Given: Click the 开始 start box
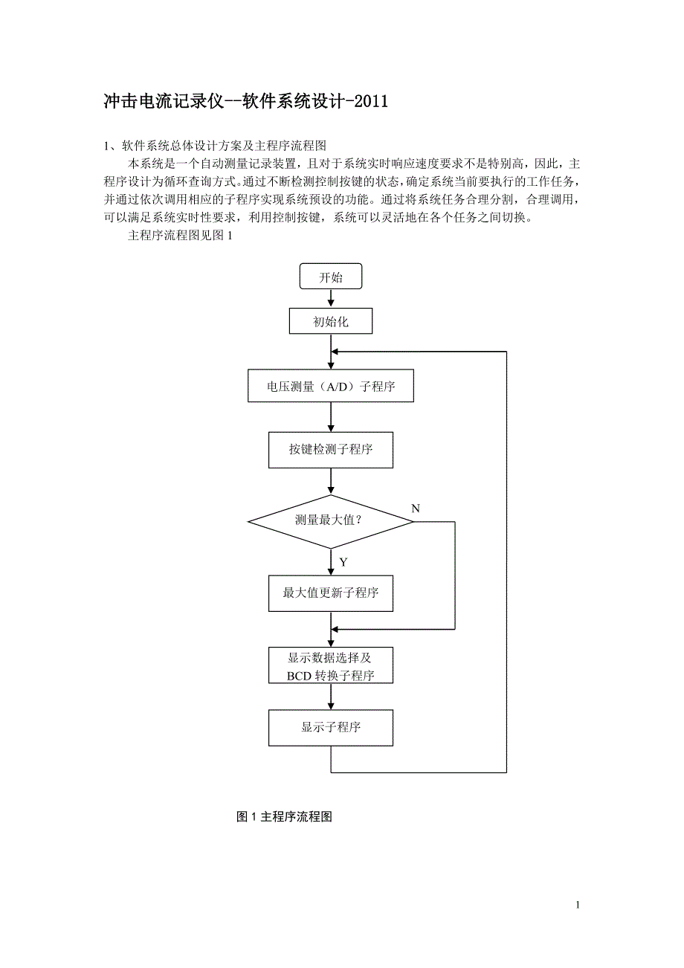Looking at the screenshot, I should coord(331,277).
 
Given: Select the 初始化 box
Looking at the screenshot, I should coord(331,322).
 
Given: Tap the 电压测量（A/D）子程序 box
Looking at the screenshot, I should coord(331,387).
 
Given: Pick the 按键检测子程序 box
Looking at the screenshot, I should coord(331,450).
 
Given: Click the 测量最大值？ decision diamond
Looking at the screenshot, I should coord(330,522).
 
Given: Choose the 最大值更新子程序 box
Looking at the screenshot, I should coord(331,593).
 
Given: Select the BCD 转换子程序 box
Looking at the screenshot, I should coord(331,665).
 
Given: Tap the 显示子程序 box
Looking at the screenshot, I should coord(331,727).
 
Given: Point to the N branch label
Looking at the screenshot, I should coord(416,509).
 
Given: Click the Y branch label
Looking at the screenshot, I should coord(343,563).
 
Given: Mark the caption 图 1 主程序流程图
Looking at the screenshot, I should coord(284,817).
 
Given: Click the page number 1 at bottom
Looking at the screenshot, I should coord(578,905).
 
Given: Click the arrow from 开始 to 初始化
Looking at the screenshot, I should coord(331,299).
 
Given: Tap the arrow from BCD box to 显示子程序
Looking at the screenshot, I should coord(331,697).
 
